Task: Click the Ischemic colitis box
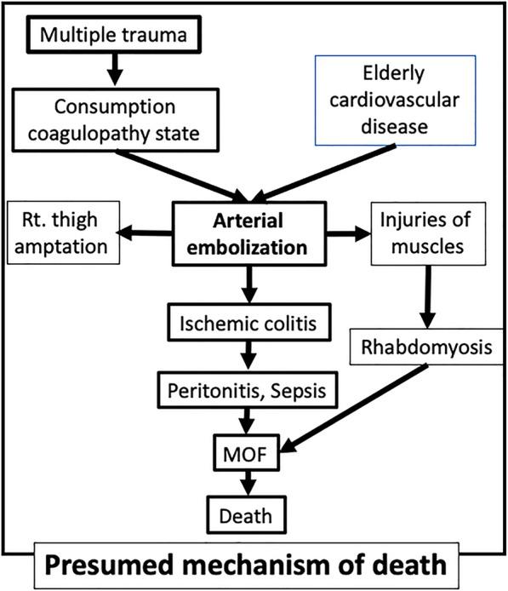249,324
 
